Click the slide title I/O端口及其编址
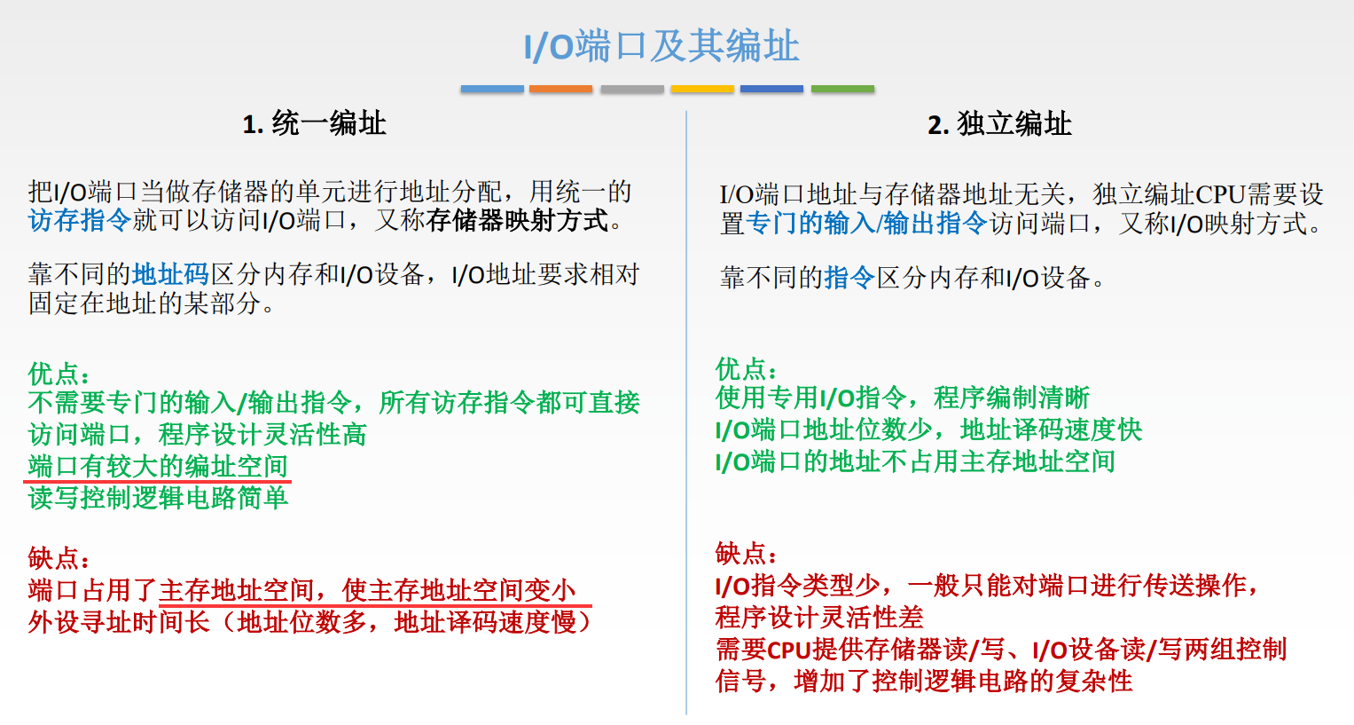[661, 46]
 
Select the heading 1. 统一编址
[314, 123]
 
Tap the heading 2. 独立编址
[999, 124]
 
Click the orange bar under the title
[560, 89]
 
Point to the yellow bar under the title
[702, 89]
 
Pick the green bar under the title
[842, 89]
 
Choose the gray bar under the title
[631, 89]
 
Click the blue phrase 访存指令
[80, 220]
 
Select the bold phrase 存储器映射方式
[518, 220]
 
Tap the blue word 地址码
[170, 274]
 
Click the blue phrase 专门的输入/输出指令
[866, 224]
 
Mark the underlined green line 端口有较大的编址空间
[158, 466]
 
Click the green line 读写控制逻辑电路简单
[158, 498]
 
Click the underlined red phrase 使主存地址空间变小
[458, 590]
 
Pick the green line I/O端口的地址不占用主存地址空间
[915, 461]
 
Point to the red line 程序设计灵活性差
[819, 617]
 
